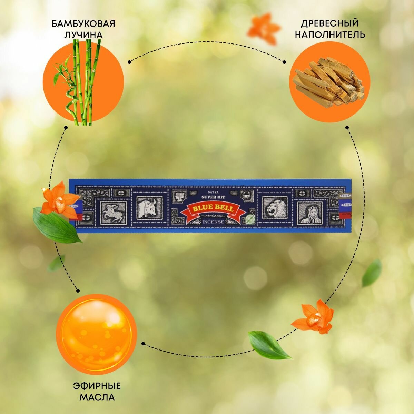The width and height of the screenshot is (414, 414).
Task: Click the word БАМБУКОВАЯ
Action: tap(83, 24)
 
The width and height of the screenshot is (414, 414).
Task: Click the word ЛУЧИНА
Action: tap(83, 35)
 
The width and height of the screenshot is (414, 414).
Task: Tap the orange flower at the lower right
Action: tap(314, 316)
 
